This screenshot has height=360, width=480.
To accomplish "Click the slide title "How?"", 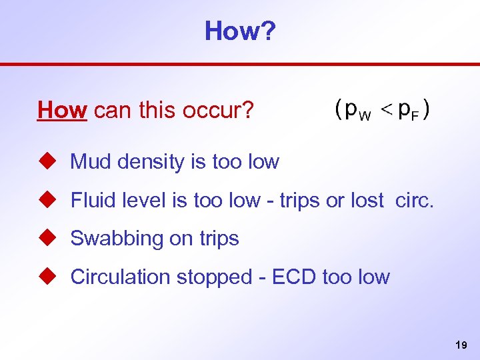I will click(239, 31).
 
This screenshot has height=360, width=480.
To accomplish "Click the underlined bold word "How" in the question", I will click(63, 110).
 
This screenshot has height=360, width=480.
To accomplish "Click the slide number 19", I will click(460, 345).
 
